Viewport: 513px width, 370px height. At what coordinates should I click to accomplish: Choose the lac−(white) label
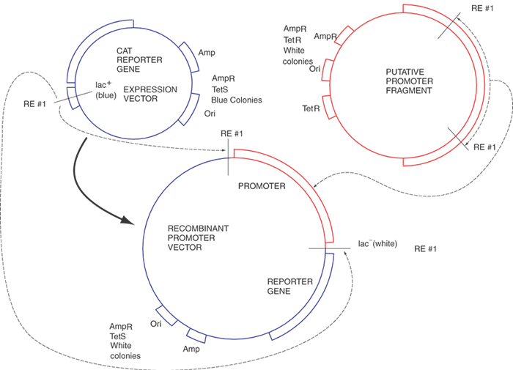click(x=377, y=244)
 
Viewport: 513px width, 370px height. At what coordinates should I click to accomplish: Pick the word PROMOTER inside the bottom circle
click(x=262, y=187)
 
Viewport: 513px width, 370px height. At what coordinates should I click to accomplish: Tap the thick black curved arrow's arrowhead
click(x=132, y=220)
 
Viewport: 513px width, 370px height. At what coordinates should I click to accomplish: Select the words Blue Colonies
click(x=236, y=100)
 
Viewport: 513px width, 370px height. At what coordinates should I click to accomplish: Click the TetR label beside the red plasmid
click(x=311, y=108)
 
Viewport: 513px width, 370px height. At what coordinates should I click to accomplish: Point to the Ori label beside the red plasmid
click(x=315, y=69)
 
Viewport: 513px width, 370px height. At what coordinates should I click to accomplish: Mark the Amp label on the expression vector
click(x=207, y=53)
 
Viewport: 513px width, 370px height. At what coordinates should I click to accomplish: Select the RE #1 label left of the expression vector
click(x=34, y=103)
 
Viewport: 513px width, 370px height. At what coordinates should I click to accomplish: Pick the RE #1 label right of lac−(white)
click(x=425, y=249)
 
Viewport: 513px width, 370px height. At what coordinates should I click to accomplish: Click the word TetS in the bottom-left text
click(x=119, y=336)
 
